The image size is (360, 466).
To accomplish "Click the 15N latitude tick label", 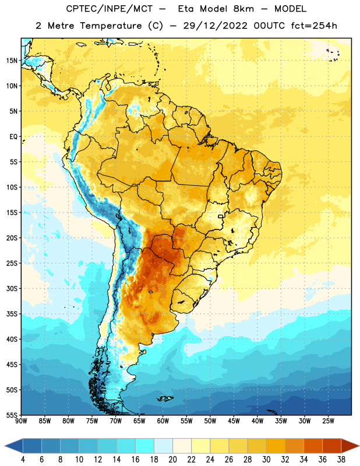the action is pyautogui.click(x=12, y=61).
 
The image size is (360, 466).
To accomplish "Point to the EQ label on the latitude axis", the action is pyautogui.click(x=13, y=137).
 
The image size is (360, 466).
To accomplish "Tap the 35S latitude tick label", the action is pyautogui.click(x=12, y=314).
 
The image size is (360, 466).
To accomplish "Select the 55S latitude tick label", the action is pyautogui.click(x=12, y=415).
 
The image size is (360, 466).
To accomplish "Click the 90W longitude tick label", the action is pyautogui.click(x=21, y=421).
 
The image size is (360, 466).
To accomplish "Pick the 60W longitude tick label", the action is pyautogui.click(x=163, y=421).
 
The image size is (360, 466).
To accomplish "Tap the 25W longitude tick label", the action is pyautogui.click(x=329, y=421).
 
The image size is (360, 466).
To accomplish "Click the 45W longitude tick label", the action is pyautogui.click(x=234, y=421).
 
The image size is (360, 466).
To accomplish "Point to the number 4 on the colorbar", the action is pyautogui.click(x=23, y=460).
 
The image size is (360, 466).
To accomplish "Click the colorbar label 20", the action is pyautogui.click(x=172, y=460).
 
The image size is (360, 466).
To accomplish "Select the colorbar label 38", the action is pyautogui.click(x=341, y=460).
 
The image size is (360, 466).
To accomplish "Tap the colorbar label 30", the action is pyautogui.click(x=266, y=460).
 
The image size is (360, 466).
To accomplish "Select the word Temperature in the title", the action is pyautogui.click(x=111, y=26).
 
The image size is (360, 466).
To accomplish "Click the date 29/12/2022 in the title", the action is pyautogui.click(x=215, y=26).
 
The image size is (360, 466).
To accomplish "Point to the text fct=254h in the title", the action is pyautogui.click(x=314, y=26).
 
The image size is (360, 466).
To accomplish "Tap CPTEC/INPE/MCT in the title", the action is pyautogui.click(x=109, y=9).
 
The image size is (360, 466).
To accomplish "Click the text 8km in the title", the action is pyautogui.click(x=243, y=9).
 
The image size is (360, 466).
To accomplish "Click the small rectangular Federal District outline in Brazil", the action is pyautogui.click(x=221, y=216).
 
